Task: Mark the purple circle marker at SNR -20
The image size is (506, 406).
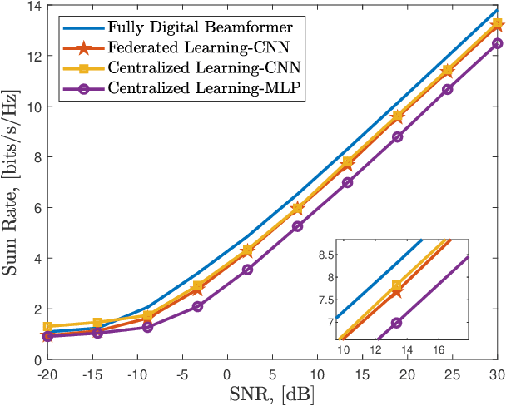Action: [47, 336]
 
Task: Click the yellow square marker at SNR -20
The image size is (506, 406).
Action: [47, 327]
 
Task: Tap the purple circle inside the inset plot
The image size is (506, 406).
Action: [396, 323]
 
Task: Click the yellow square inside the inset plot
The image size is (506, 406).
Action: [396, 285]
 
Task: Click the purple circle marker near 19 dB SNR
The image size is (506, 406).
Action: [397, 136]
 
